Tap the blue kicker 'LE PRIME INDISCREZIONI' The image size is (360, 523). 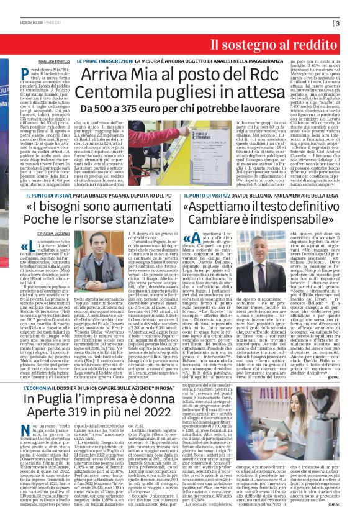coord(103,62)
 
